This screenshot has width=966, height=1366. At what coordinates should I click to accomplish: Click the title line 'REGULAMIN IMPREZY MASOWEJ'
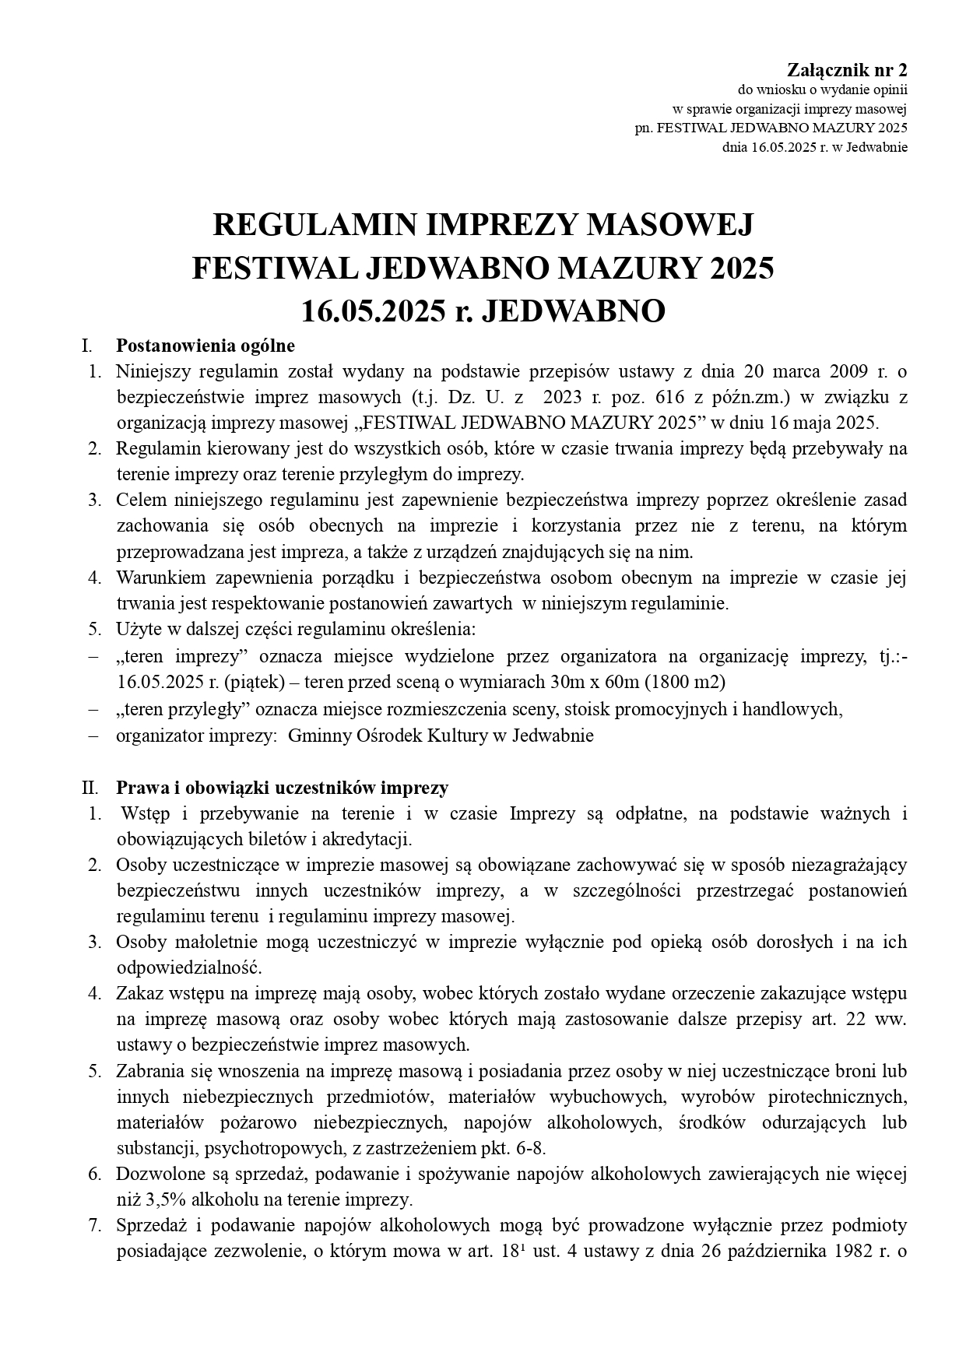click(x=483, y=226)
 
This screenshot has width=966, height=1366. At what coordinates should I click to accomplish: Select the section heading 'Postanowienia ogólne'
click(x=205, y=345)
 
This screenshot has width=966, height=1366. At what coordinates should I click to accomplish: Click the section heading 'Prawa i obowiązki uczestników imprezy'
click(x=282, y=788)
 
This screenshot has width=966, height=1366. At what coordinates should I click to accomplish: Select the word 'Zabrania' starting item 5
click(x=149, y=1071)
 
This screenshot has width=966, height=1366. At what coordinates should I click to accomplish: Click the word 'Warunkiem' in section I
click(x=160, y=578)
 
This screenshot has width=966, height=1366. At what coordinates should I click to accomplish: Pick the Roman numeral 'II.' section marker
click(x=92, y=788)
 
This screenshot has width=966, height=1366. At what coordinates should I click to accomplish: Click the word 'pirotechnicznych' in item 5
click(x=837, y=1097)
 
